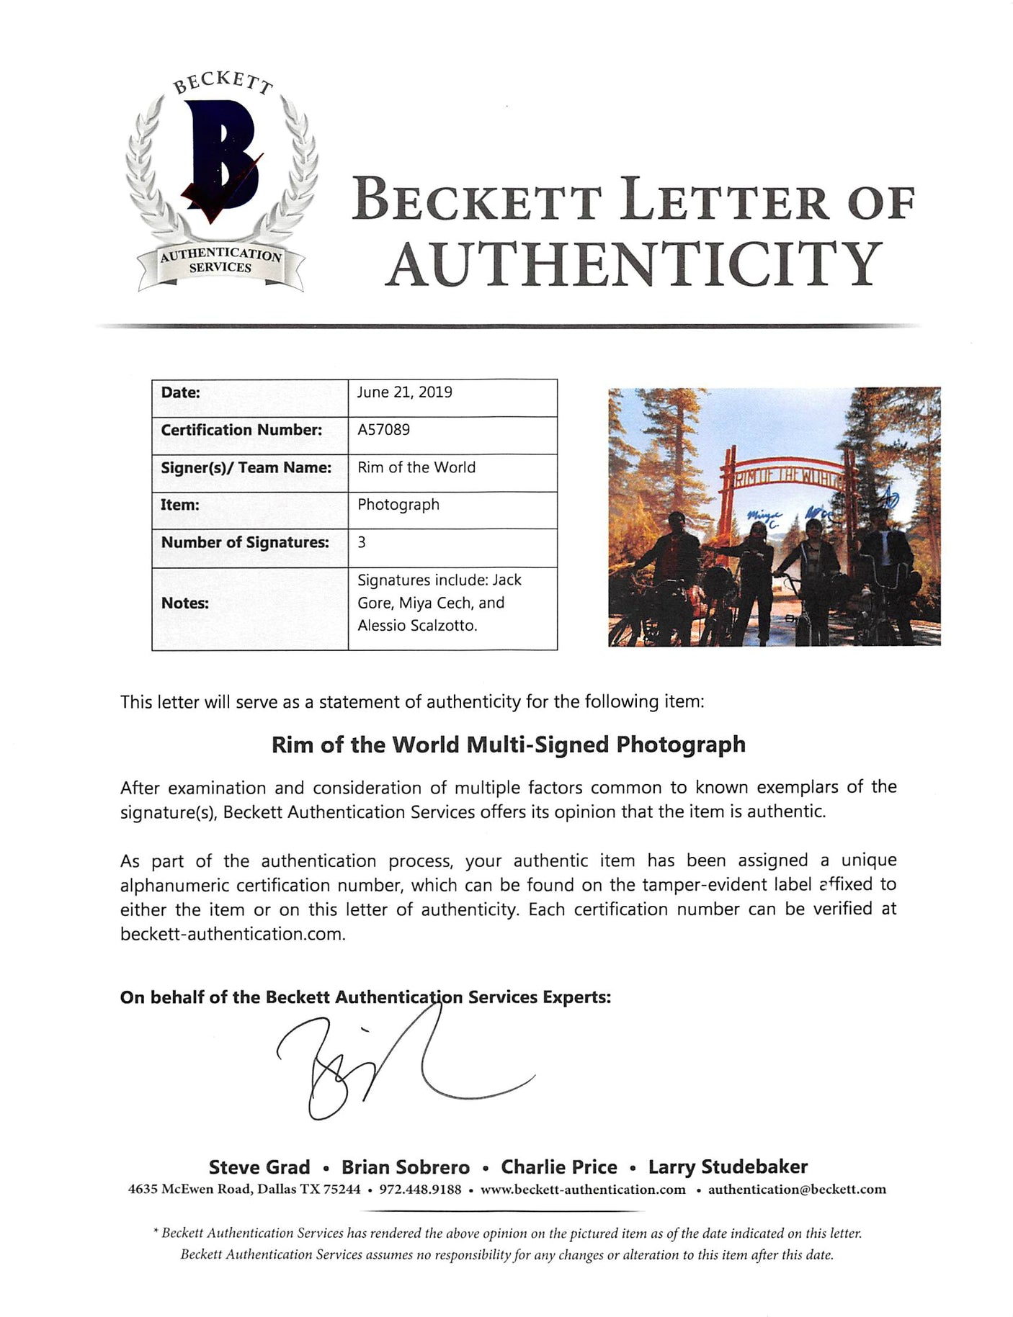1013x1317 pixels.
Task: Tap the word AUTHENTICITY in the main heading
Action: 633,264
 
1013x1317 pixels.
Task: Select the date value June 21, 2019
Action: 405,392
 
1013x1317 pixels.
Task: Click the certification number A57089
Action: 383,430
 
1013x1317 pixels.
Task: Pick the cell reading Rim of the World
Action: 416,467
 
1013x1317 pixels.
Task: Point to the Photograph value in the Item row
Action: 398,505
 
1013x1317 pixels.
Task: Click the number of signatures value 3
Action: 362,542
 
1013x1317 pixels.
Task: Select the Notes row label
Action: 184,603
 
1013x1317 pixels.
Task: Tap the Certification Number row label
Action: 241,430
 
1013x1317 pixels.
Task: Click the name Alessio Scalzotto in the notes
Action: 417,626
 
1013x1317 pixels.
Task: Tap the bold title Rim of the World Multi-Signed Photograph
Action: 508,745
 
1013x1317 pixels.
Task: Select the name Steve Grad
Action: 259,1167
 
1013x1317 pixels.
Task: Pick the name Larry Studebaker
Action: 728,1167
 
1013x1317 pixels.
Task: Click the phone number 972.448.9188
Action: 420,1190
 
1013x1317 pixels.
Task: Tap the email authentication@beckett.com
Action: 797,1190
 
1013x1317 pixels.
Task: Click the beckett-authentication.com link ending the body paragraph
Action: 232,934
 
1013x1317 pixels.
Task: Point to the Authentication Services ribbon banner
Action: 220,261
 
